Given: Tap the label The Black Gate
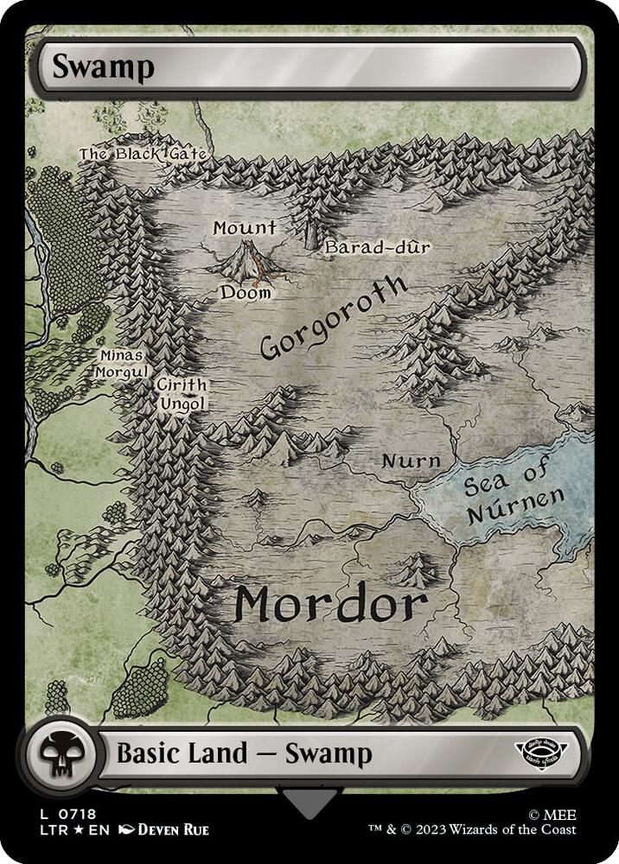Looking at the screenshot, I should (143, 154).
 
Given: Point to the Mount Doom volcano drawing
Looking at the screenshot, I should (246, 260).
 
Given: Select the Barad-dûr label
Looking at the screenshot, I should (377, 249).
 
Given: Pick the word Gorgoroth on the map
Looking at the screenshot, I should (333, 318).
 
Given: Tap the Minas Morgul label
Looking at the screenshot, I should (120, 362).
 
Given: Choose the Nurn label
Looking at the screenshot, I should (411, 461).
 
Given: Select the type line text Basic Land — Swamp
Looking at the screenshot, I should (244, 753).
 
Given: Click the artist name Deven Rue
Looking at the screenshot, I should (172, 830).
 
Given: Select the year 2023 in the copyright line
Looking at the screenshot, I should (450, 830).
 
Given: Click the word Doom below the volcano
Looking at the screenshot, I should (245, 293).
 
